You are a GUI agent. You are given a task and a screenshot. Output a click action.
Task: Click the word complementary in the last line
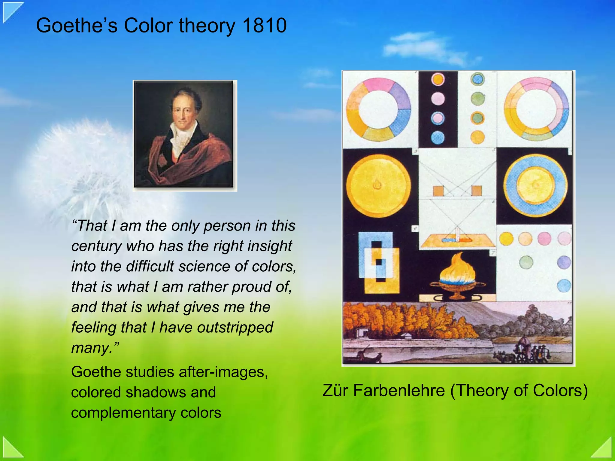tap(123, 413)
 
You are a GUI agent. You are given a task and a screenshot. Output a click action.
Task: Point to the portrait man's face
tap(184, 111)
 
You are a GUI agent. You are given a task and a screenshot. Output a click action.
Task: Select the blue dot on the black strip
tap(438, 138)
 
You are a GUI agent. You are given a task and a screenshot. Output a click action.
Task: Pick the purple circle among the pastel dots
tap(564, 262)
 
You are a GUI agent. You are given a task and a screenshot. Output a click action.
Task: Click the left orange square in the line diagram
tap(438, 191)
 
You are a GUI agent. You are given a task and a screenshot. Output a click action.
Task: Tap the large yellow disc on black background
tap(378, 186)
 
